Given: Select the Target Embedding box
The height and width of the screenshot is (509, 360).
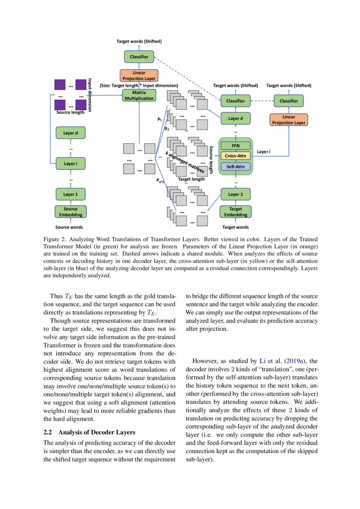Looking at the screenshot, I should (236, 212).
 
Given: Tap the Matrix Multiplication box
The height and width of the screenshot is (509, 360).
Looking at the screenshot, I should (139, 95).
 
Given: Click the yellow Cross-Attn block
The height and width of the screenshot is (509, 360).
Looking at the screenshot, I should (236, 155).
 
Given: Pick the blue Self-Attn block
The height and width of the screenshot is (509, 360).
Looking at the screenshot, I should (236, 166).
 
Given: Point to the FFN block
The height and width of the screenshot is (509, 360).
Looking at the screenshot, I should (236, 145).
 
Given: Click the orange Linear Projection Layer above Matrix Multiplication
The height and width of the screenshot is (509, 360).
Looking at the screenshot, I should (139, 75).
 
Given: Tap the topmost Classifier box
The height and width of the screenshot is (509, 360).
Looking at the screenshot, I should (139, 57).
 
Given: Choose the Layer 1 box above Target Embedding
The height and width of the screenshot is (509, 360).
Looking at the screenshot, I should (236, 194).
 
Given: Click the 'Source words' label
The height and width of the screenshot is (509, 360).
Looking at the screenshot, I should (69, 227).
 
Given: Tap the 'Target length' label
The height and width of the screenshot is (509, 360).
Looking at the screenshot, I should (191, 179).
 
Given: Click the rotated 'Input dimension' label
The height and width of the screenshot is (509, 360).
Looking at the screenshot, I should (90, 95).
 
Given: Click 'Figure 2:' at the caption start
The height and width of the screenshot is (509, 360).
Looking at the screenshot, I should (55, 240).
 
